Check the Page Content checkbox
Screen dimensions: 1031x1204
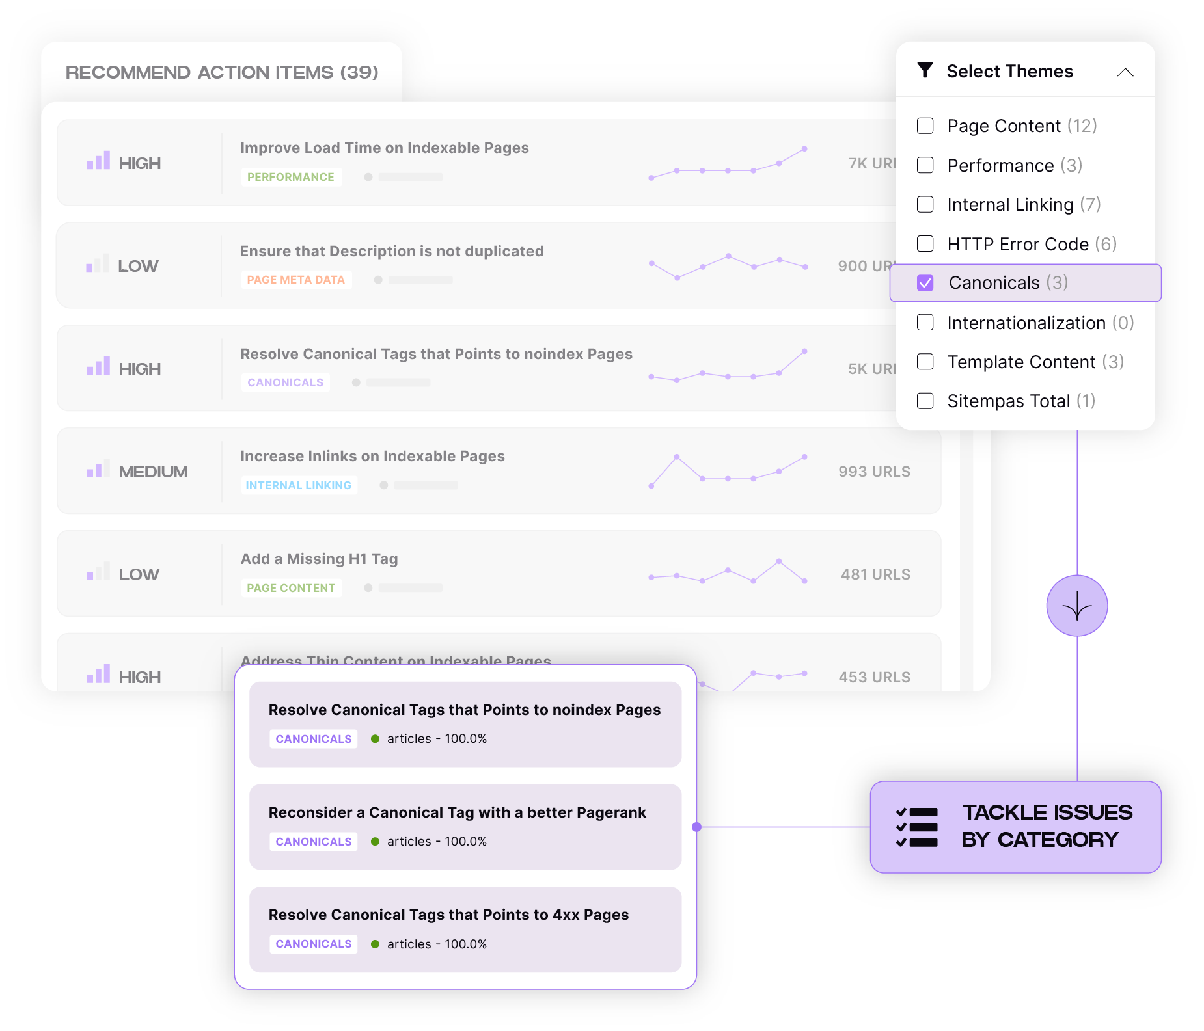925,126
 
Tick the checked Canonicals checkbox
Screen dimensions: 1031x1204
925,283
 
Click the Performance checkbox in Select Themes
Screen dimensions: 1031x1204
925,165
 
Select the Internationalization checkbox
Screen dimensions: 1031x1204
925,323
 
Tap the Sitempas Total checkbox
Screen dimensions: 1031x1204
925,401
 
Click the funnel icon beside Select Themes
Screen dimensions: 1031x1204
925,70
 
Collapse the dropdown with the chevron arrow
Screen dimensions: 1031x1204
1125,72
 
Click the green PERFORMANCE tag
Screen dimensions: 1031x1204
291,177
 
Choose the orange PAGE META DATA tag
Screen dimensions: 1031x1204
296,280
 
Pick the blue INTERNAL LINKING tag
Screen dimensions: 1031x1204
299,485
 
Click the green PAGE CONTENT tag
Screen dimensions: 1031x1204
291,588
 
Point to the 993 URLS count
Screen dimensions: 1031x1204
874,472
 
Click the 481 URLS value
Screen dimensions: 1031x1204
875,574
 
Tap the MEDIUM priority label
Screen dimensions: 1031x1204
153,472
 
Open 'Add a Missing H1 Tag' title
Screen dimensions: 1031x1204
319,559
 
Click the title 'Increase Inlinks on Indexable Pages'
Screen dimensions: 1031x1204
372,456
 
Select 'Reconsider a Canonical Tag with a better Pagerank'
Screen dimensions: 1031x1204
457,812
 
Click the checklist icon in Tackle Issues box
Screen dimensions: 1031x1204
916,827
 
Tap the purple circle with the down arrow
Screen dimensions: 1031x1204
1076,606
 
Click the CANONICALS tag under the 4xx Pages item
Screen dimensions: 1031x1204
314,944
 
